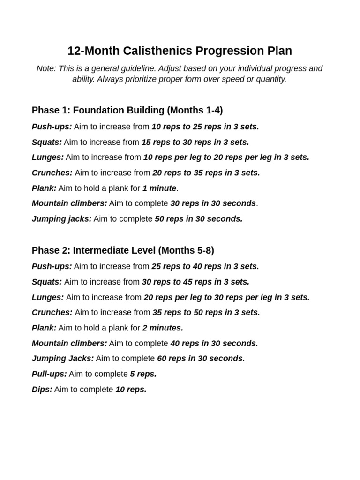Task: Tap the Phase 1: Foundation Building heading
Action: pos(127,110)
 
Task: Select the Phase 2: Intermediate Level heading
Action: pos(123,250)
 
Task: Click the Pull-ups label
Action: pos(49,374)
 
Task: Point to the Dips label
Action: pos(42,390)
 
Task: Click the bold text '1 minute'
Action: pos(159,188)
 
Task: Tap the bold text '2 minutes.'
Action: pos(163,328)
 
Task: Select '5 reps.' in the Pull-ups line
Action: pos(143,374)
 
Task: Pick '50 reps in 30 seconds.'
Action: pos(199,219)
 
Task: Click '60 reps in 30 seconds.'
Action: pos(201,359)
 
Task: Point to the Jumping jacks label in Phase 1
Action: pos(62,219)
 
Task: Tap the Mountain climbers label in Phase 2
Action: pos(69,344)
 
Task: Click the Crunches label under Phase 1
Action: pos(52,173)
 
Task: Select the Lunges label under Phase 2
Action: pos(48,297)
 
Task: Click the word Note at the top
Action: pos(45,68)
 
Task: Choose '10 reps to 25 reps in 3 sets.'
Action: pos(205,127)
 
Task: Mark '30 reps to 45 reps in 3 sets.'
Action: pos(195,282)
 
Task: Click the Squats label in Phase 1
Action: pos(47,142)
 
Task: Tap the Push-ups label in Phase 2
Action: pos(52,266)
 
